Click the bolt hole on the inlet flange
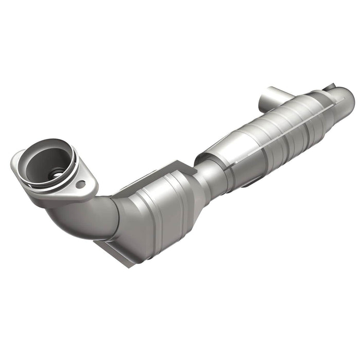pyautogui.click(x=80, y=184)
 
